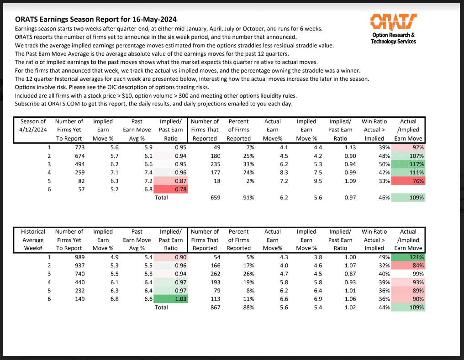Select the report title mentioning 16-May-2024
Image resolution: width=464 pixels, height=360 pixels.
(96, 20)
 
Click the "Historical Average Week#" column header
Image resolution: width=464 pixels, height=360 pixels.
(33, 240)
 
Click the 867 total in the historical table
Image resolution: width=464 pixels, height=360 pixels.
(213, 308)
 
